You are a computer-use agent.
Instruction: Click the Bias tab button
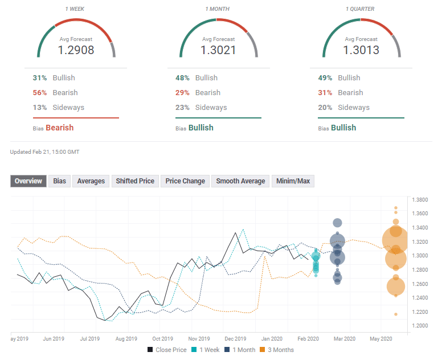59,181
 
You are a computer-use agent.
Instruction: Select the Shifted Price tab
135,181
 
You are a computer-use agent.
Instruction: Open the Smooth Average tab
240,181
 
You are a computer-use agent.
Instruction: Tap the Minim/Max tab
293,181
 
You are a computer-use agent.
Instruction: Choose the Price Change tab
185,181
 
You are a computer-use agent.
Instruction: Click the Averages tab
91,181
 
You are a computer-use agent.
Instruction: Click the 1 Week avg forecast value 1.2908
76,50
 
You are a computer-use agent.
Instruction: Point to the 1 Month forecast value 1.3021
219,50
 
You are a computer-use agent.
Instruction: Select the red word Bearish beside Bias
60,128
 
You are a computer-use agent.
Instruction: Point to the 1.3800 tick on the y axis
420,200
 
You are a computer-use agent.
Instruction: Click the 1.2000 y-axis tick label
420,326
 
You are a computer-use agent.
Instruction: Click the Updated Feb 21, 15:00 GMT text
44,152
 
